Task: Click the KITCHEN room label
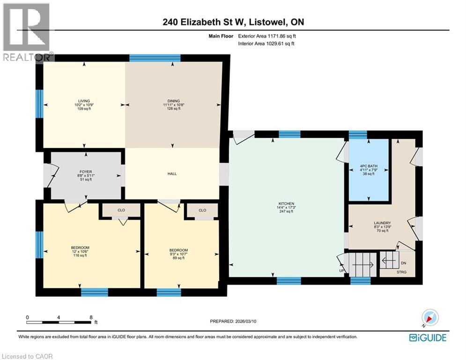click(x=285, y=203)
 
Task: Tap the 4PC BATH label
click(x=367, y=166)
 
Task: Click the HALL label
click(x=171, y=173)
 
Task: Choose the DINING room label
click(x=174, y=101)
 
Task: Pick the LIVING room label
click(x=84, y=101)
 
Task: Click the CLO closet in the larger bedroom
click(x=121, y=210)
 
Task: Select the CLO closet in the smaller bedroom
click(x=202, y=210)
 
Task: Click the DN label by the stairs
click(x=404, y=263)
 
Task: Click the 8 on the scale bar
click(x=90, y=317)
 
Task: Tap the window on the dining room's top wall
click(x=155, y=58)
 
